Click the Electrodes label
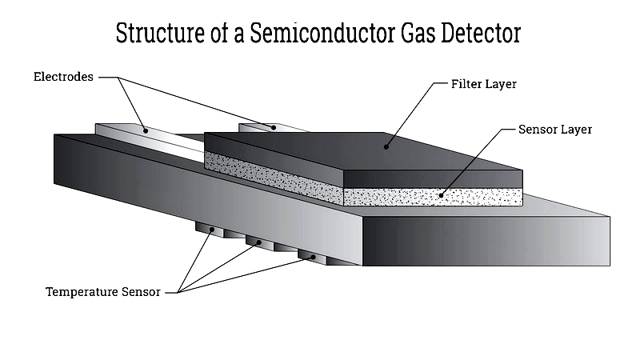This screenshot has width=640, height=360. (x=63, y=77)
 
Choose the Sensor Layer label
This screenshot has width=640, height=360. (x=554, y=129)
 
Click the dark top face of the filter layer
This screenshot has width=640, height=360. (x=360, y=152)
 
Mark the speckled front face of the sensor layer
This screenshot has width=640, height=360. (x=432, y=197)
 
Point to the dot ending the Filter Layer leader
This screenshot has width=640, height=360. (x=386, y=146)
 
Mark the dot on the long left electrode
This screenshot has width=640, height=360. (x=145, y=129)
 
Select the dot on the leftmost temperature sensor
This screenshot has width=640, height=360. (x=210, y=230)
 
